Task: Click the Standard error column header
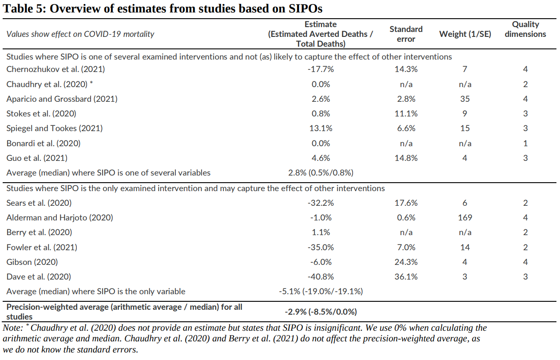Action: click(406, 34)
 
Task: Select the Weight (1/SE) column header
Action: click(465, 34)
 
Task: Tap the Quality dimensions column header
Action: click(525, 29)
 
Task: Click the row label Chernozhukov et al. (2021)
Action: click(56, 69)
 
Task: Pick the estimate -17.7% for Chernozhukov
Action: click(321, 69)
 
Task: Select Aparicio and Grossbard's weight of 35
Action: click(465, 99)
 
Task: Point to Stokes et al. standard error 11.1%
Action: click(406, 114)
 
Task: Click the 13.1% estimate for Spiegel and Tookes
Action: click(321, 128)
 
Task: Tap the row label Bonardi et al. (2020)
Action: click(44, 144)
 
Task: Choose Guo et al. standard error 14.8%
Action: click(406, 158)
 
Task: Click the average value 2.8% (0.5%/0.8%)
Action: click(321, 173)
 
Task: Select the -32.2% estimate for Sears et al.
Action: click(321, 203)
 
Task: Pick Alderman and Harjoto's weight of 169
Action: click(465, 218)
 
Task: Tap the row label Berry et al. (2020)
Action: click(39, 232)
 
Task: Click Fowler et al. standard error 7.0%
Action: click(406, 248)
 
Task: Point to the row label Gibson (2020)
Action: click(32, 262)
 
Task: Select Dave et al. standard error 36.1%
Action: click(406, 277)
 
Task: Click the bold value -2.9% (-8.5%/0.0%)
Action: click(321, 312)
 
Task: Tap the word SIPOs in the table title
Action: click(306, 8)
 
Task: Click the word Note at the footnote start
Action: click(12, 328)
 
